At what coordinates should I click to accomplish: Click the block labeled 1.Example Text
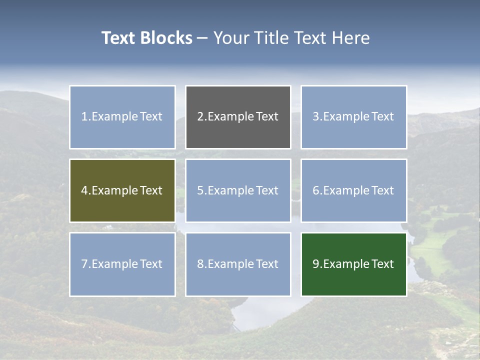(x=122, y=117)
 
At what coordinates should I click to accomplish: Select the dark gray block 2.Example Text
(x=238, y=117)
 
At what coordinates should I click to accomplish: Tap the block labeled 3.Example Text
(x=353, y=117)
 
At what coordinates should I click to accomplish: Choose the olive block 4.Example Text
(x=122, y=190)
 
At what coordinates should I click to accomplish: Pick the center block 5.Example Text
(x=238, y=190)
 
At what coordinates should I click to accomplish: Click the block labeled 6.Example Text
(x=353, y=190)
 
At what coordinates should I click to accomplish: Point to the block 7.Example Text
(x=122, y=264)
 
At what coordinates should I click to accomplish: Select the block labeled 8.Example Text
(x=238, y=264)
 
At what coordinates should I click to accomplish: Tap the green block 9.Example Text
(x=353, y=264)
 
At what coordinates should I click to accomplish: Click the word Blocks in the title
(x=166, y=38)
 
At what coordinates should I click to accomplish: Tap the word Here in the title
(x=350, y=38)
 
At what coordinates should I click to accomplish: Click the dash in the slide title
(x=202, y=38)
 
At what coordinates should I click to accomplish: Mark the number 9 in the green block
(x=316, y=264)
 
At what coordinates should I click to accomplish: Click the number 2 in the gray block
(x=200, y=117)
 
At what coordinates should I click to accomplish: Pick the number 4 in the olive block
(x=84, y=190)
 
